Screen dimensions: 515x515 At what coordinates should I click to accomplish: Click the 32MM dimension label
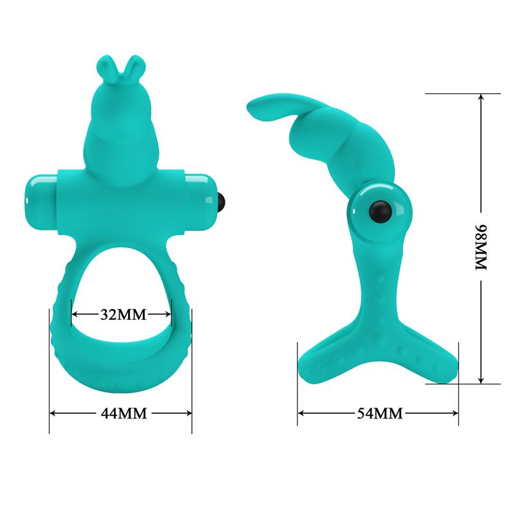122,315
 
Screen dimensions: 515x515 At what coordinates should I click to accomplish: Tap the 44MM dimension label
122,413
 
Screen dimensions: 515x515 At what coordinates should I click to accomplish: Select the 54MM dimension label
379,413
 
